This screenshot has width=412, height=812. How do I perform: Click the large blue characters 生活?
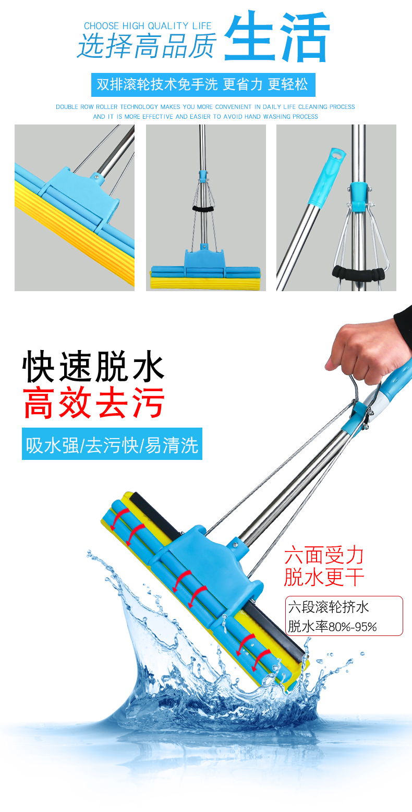click(x=277, y=36)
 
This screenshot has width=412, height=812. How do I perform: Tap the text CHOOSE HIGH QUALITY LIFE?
click(x=148, y=26)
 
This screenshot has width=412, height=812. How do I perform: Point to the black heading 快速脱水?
click(x=93, y=366)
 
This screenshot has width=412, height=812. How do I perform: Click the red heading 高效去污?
click(x=94, y=403)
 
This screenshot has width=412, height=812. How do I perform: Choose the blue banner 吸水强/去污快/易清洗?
click(x=112, y=444)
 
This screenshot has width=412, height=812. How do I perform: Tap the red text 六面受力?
click(x=323, y=555)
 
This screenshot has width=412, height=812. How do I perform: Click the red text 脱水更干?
click(x=323, y=577)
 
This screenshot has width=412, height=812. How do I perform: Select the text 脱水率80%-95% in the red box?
click(x=332, y=627)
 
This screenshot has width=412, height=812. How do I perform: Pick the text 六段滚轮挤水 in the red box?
click(x=329, y=607)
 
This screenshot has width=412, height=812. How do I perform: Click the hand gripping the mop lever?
click(x=365, y=350)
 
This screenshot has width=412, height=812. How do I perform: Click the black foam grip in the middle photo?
click(x=202, y=208)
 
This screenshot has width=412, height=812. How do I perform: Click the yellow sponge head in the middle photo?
click(x=205, y=282)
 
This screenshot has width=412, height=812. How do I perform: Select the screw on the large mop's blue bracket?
click(x=235, y=544)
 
